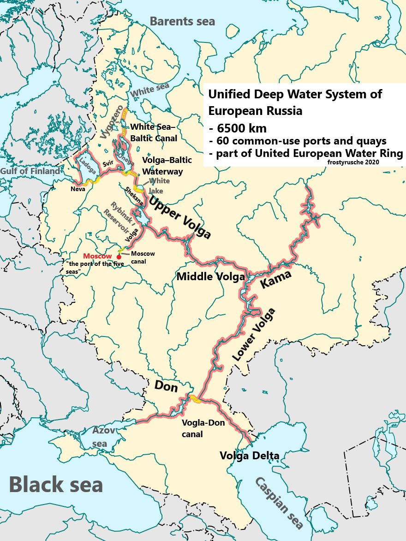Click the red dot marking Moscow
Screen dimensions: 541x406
[119, 257]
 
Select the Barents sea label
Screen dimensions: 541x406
[182, 21]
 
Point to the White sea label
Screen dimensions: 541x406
[149, 90]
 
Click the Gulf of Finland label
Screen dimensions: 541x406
[30, 171]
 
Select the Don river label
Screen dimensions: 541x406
[166, 386]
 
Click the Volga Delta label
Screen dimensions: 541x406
[249, 456]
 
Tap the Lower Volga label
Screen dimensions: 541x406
[253, 334]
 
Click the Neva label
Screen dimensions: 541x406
[78, 189]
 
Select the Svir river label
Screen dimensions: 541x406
[107, 163]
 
